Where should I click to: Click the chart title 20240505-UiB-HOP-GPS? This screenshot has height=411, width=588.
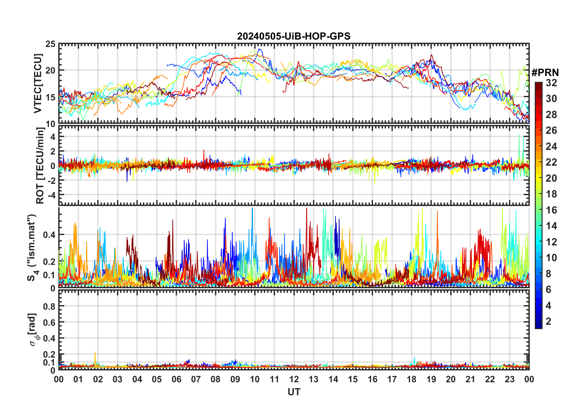pyautogui.click(x=294, y=36)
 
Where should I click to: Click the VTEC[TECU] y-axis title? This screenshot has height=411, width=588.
pyautogui.click(x=38, y=83)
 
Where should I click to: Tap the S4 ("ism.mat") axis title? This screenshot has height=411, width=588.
pyautogui.click(x=32, y=248)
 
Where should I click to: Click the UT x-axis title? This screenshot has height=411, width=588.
pyautogui.click(x=294, y=392)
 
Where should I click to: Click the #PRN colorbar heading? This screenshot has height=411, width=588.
pyautogui.click(x=545, y=72)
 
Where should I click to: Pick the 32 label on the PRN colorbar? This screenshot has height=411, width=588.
pyautogui.click(x=551, y=83)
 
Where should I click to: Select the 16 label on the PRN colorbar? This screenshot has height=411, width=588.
pyautogui.click(x=551, y=210)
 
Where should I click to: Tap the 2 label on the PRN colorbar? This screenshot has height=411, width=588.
pyautogui.click(x=548, y=321)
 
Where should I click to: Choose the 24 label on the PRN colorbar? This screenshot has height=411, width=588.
pyautogui.click(x=551, y=146)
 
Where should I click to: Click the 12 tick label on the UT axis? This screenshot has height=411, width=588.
pyautogui.click(x=294, y=379)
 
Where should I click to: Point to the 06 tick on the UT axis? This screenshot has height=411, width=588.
pyautogui.click(x=177, y=379)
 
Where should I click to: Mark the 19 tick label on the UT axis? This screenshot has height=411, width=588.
pyautogui.click(x=431, y=379)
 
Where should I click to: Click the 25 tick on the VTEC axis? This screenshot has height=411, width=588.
pyautogui.click(x=50, y=44)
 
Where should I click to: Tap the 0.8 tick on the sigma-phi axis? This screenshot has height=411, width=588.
pyautogui.click(x=49, y=306)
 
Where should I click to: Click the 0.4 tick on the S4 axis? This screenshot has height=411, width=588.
pyautogui.click(x=49, y=235)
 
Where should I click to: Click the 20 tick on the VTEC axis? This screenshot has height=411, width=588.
pyautogui.click(x=50, y=70)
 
